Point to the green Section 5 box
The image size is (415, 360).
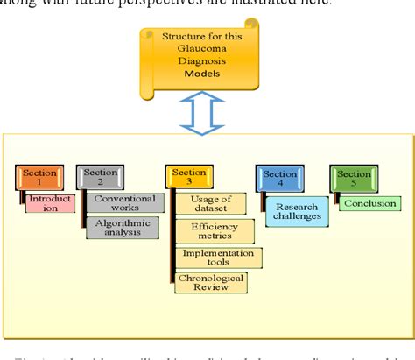coord(351,178)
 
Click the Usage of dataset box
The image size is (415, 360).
coord(210,204)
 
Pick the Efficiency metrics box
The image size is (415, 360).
coord(215,231)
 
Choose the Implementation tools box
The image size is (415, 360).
coord(217,257)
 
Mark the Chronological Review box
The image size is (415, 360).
coord(211,282)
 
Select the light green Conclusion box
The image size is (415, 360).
coord(369,203)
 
